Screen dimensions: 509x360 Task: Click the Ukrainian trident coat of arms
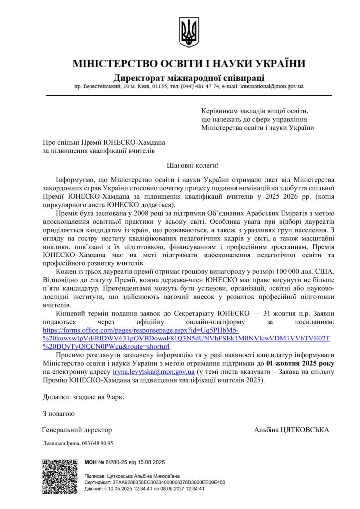188,32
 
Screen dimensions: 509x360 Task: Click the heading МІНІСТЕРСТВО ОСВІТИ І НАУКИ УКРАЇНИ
188,64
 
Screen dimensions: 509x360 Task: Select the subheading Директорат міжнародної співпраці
188,77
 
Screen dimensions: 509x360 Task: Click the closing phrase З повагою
58,413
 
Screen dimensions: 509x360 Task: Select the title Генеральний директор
77,430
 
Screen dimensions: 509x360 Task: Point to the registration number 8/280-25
116,462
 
